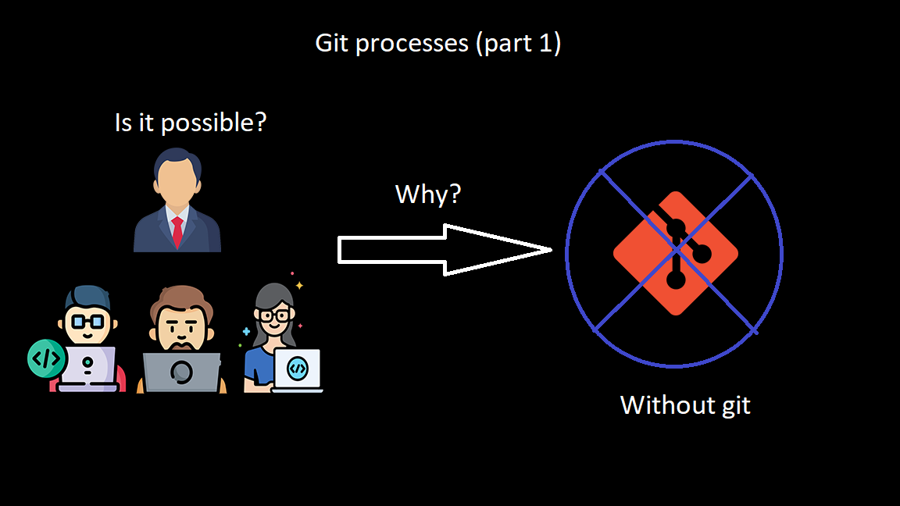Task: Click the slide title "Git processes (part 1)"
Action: [x=437, y=44]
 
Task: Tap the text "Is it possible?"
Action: [x=190, y=122]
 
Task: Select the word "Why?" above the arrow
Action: [x=428, y=194]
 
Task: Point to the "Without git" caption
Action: [x=685, y=405]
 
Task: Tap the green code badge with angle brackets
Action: [x=45, y=358]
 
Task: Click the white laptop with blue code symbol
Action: [x=297, y=369]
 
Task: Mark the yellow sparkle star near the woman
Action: [x=298, y=286]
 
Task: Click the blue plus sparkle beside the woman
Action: [x=247, y=332]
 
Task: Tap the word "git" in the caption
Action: [x=734, y=406]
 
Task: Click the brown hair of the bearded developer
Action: [x=182, y=298]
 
